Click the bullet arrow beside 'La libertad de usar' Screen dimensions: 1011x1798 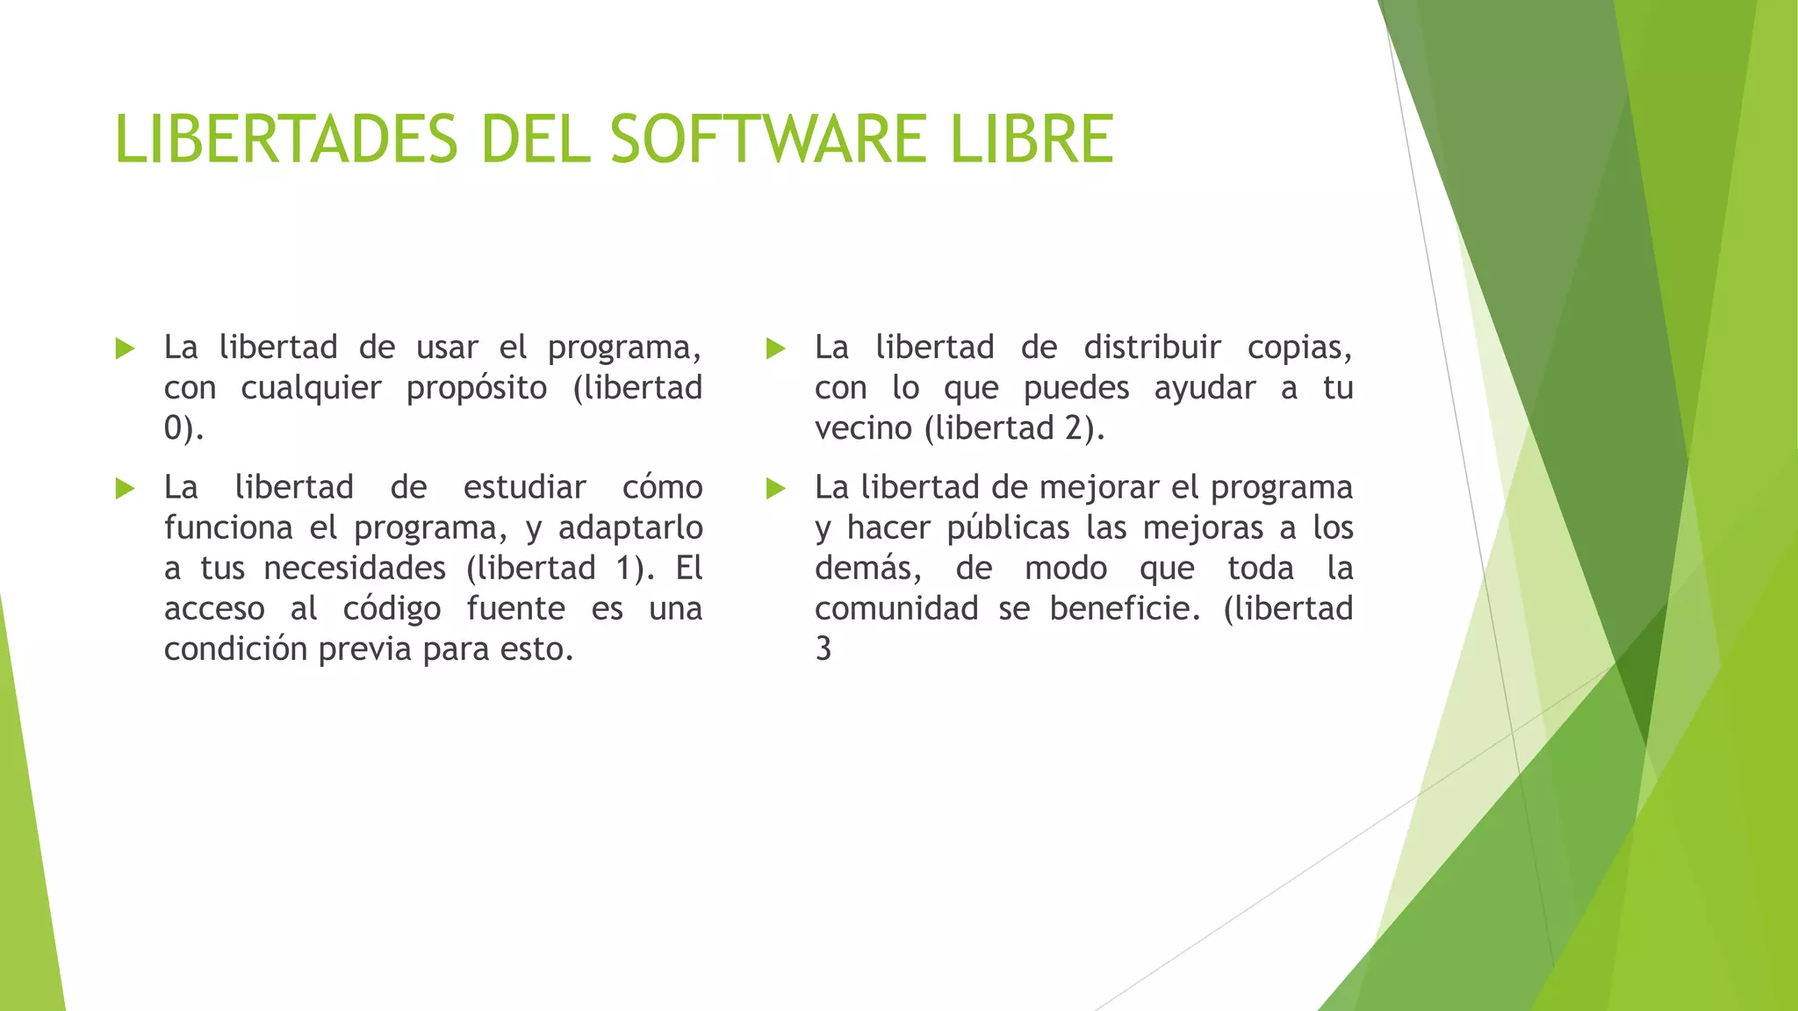coord(126,348)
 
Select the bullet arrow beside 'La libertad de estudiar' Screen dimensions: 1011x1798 coord(126,488)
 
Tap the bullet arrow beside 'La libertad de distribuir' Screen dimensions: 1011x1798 coord(775,348)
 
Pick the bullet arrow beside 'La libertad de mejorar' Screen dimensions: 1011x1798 coord(775,488)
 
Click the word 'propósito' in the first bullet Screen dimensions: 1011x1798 coord(477,389)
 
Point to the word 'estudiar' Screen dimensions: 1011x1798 coord(524,487)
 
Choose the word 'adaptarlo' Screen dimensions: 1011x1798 coord(630,528)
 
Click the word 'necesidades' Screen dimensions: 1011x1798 coord(355,569)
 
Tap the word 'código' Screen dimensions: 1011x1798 coord(392,609)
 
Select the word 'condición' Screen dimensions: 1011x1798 coord(235,649)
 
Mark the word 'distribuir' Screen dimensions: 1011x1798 coord(1152,348)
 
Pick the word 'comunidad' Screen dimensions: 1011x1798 coord(896,609)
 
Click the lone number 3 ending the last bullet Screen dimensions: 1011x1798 coord(823,649)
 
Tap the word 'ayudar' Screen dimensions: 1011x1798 coord(1205,389)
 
